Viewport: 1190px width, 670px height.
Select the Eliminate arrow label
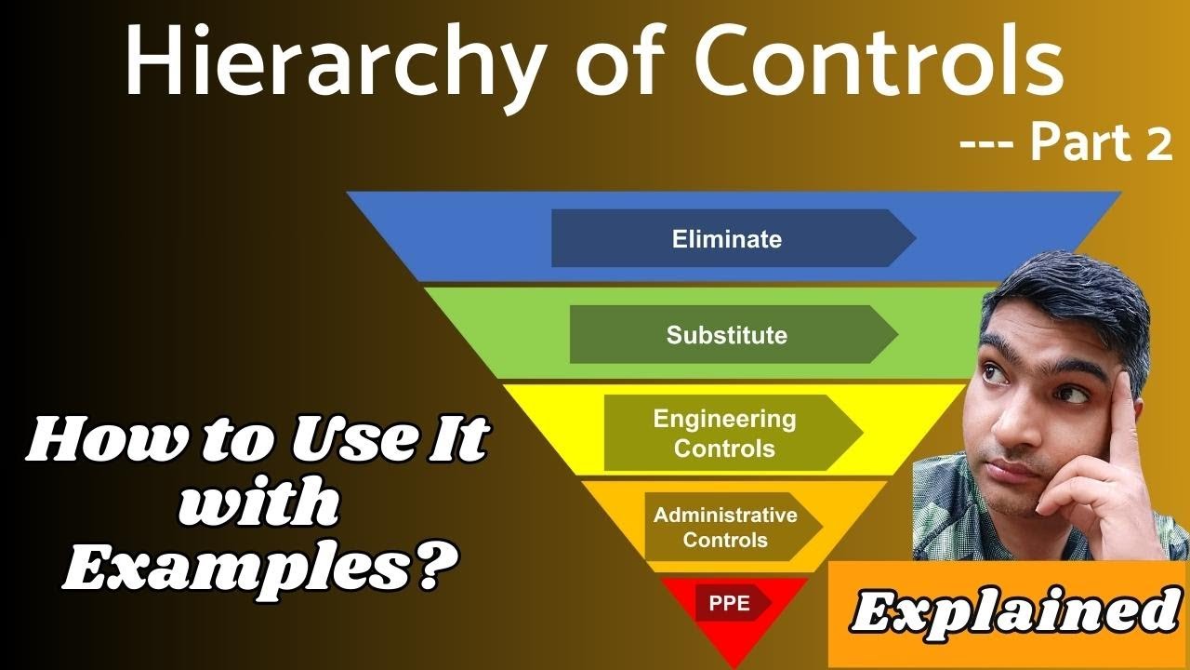pyautogui.click(x=728, y=239)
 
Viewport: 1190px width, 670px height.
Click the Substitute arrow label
pyautogui.click(x=728, y=335)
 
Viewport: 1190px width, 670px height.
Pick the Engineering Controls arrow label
pyautogui.click(x=725, y=434)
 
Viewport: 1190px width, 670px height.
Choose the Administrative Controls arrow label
pyautogui.click(x=725, y=528)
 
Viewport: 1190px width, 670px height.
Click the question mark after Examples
pyautogui.click(x=425, y=566)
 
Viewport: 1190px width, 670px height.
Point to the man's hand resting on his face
pyautogui.click(x=1116, y=456)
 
